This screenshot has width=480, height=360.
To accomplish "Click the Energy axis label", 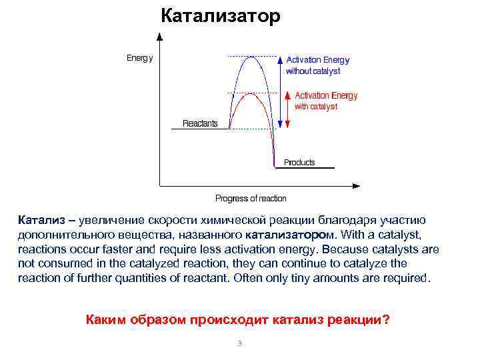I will tap(139, 58).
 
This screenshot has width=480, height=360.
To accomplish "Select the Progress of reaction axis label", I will tap(251, 198).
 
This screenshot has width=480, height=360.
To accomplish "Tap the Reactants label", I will tap(200, 123).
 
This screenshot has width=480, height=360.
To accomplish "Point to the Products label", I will tap(299, 162).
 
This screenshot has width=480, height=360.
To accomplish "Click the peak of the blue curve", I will tap(251, 57).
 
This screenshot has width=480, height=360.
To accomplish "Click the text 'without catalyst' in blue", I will tap(313, 71).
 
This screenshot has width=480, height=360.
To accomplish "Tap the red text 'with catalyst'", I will tap(316, 107).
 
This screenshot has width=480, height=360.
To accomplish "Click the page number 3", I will tap(239, 343).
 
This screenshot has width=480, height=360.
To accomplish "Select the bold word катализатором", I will tap(291, 235).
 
